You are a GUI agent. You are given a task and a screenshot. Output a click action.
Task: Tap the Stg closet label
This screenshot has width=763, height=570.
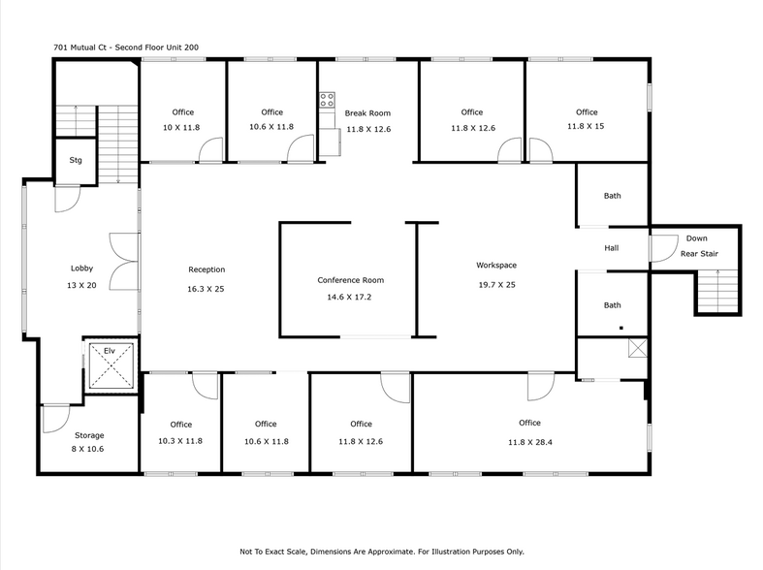[76, 161]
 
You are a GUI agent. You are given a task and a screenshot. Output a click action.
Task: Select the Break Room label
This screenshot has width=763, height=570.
[367, 113]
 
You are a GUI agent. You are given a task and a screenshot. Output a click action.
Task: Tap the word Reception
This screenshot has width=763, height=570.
[207, 269]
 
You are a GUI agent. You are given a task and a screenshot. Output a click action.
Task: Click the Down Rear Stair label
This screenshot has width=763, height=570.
[696, 246]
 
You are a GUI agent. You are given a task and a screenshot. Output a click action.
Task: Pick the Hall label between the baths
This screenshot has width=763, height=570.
[611, 248]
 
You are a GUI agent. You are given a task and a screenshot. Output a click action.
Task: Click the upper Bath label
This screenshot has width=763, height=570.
[612, 197]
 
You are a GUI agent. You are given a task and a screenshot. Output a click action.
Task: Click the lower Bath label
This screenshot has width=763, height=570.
[612, 305]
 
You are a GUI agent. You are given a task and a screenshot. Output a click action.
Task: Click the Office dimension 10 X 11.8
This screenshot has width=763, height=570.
[180, 127]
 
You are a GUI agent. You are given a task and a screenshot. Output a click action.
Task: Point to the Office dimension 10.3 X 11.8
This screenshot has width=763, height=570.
[180, 441]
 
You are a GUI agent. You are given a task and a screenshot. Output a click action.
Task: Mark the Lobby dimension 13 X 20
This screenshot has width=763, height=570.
[80, 284]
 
